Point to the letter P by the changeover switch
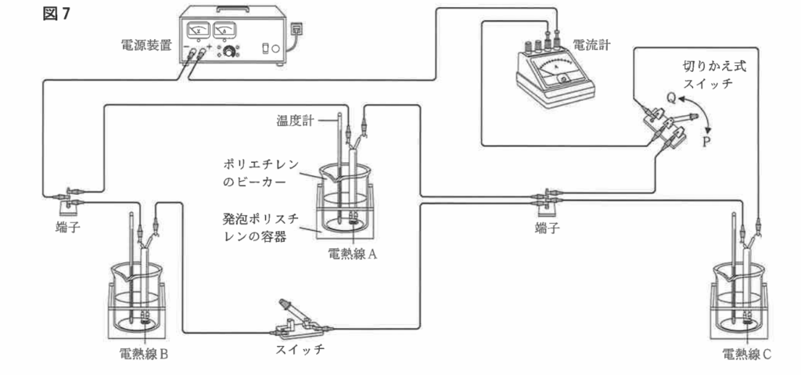(706, 142)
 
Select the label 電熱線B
(144, 353)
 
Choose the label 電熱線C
(748, 353)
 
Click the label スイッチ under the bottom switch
(299, 348)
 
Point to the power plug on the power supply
(296, 30)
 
